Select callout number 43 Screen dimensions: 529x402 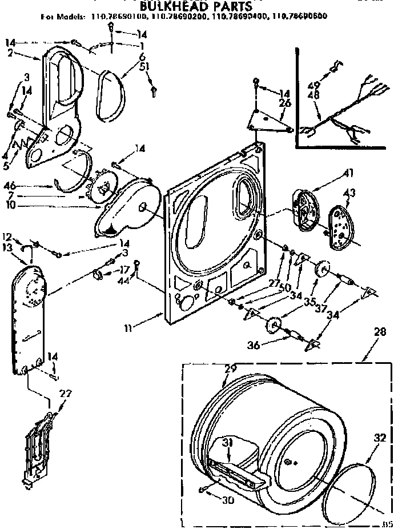349,194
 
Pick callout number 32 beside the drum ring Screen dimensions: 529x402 380,439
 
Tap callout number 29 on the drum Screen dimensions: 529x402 230,369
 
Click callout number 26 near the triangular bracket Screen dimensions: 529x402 284,103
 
